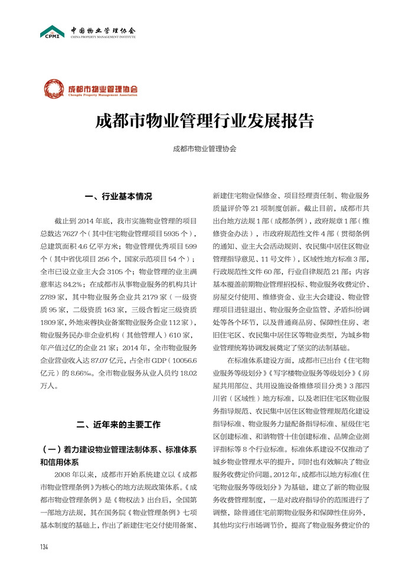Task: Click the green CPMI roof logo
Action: pyautogui.click(x=52, y=31)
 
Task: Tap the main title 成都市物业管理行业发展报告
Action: pyautogui.click(x=204, y=121)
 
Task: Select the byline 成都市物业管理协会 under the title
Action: pyautogui.click(x=204, y=149)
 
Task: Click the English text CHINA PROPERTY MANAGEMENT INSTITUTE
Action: pyautogui.click(x=103, y=37)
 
